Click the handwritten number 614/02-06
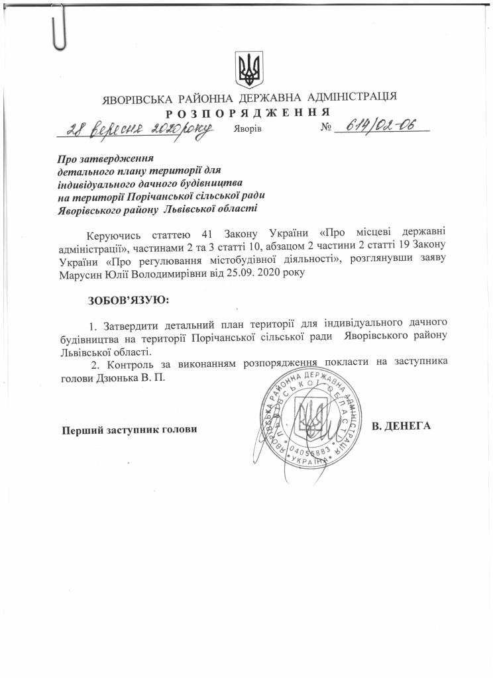click(x=380, y=126)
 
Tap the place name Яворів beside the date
click(x=248, y=128)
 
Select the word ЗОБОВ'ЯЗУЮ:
click(x=129, y=300)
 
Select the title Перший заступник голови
click(x=130, y=430)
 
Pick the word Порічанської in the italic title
click(x=154, y=195)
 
